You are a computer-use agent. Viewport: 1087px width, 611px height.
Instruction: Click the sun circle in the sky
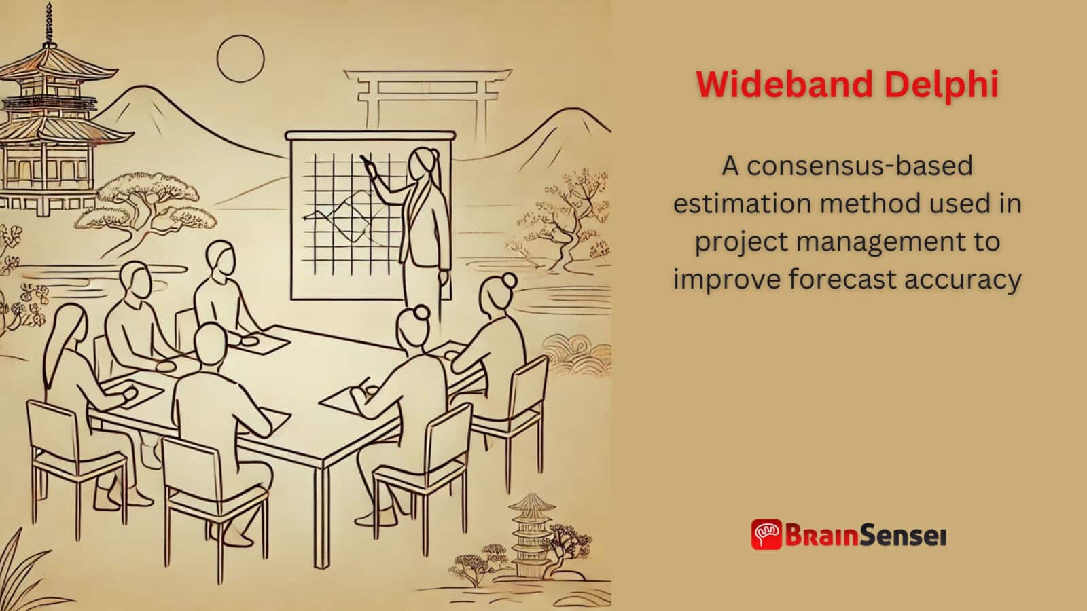pyautogui.click(x=240, y=59)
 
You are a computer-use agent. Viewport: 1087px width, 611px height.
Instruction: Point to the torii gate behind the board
pyautogui.click(x=427, y=95)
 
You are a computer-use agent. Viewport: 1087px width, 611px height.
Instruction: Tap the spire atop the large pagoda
pyautogui.click(x=48, y=24)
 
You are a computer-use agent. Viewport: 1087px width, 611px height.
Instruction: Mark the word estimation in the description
pyautogui.click(x=739, y=204)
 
